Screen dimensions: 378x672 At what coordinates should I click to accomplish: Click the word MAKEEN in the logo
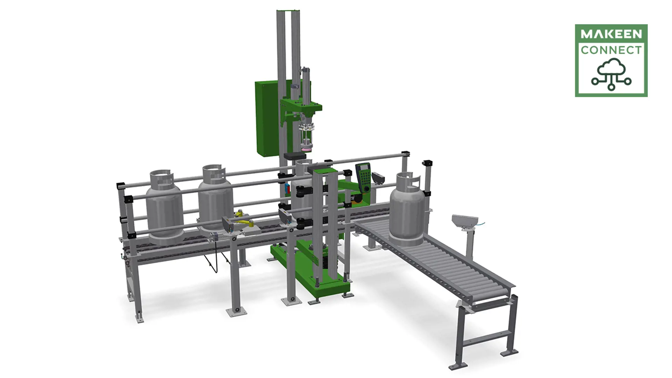point(611,34)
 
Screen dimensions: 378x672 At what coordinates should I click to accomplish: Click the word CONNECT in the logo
point(611,50)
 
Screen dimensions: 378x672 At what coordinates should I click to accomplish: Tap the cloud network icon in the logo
point(611,74)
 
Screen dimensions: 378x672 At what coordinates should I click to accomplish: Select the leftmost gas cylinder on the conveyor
point(163,210)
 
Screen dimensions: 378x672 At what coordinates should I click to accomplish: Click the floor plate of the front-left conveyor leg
point(139,318)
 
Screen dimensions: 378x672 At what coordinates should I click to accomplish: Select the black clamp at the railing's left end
point(121,185)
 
